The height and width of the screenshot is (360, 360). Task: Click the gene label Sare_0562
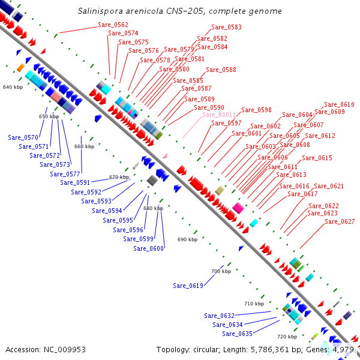click(113, 25)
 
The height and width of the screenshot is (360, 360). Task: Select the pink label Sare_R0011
click(219, 115)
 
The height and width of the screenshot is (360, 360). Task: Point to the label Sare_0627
click(340, 221)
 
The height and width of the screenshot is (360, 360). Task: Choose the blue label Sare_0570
click(23, 137)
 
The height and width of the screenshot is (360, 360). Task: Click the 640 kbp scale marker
click(13, 88)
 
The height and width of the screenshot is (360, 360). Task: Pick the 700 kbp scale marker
click(221, 271)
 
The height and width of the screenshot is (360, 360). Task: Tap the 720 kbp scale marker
click(287, 337)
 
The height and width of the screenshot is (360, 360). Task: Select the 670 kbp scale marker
click(119, 177)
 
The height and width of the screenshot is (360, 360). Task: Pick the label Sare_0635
click(237, 334)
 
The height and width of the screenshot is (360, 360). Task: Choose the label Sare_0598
click(256, 110)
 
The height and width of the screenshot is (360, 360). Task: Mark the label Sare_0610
click(339, 104)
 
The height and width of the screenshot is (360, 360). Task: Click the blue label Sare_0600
click(148, 248)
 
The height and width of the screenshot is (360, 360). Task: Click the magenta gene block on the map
click(238, 208)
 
